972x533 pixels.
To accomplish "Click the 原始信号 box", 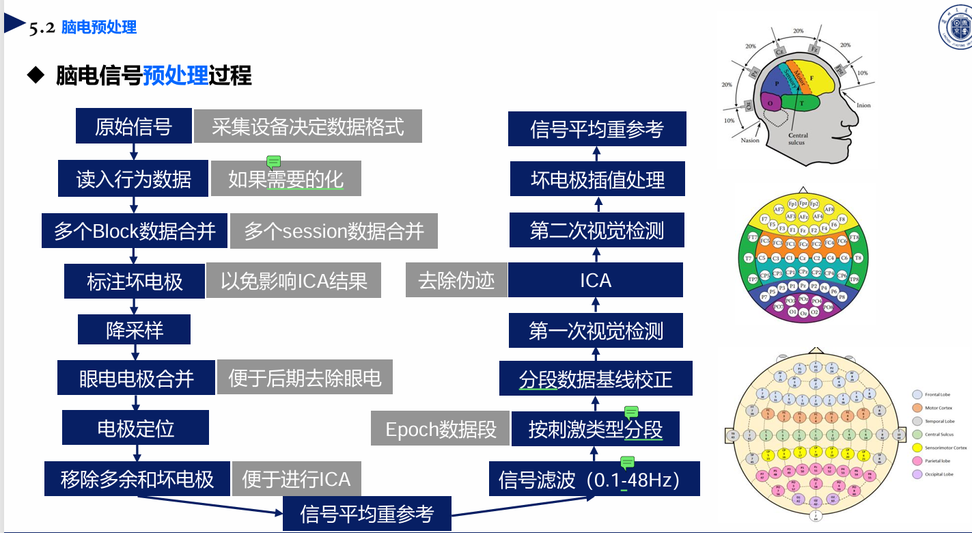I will (x=133, y=126).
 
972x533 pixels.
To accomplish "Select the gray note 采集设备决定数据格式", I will (x=307, y=126).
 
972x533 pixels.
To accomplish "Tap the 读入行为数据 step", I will (x=134, y=179).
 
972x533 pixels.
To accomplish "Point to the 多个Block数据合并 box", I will (x=135, y=231).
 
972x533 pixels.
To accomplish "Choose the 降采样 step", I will (x=135, y=331).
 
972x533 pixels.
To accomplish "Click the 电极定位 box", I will (x=135, y=428).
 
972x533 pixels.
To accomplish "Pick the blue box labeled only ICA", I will (x=596, y=280).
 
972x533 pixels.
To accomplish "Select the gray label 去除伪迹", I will (x=456, y=280).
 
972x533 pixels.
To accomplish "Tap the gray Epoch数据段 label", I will (x=441, y=429).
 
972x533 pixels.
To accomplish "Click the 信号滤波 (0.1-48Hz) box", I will (x=594, y=479).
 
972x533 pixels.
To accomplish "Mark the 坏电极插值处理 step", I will (x=598, y=180).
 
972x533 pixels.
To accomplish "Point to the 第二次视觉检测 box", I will (x=596, y=231).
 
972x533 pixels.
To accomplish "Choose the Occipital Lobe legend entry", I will (x=939, y=474).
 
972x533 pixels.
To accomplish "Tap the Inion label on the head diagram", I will (x=863, y=105).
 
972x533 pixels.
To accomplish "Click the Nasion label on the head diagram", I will (x=750, y=140).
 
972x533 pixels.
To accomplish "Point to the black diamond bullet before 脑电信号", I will (x=36, y=75).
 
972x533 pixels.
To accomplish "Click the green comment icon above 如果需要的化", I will (x=273, y=162).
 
